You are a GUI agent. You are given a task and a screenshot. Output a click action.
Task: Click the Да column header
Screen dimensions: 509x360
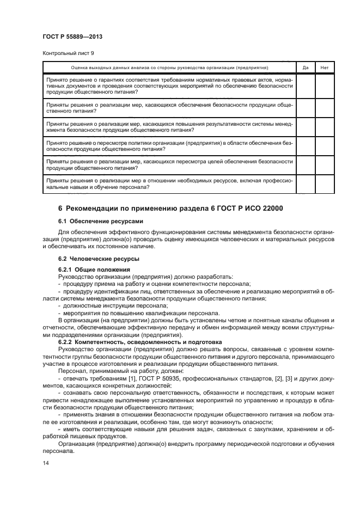click(x=305, y=68)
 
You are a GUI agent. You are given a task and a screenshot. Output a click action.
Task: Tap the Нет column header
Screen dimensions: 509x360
click(x=325, y=68)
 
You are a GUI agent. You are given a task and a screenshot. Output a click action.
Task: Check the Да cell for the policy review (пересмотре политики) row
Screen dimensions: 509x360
click(x=305, y=145)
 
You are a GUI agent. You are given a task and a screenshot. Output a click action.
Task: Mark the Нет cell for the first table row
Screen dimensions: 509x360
click(x=325, y=86)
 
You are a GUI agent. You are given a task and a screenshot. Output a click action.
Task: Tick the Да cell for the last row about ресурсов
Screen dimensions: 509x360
click(x=305, y=183)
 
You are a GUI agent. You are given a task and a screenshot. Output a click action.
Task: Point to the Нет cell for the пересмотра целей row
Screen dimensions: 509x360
click(x=325, y=164)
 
